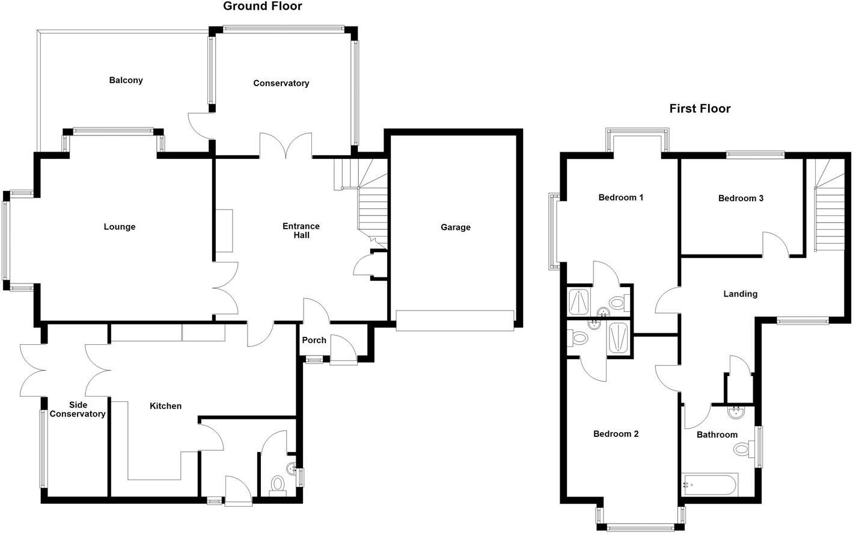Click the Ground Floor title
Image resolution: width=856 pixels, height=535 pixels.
[263, 7]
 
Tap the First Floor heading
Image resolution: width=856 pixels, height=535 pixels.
[700, 109]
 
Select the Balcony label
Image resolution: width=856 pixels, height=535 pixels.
[126, 81]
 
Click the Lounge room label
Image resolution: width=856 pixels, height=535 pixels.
[120, 227]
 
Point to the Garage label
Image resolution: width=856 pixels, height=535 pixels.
[455, 227]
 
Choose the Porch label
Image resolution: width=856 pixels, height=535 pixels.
[314, 341]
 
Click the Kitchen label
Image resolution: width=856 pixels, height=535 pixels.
[165, 406]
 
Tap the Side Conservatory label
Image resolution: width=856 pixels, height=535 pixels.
[78, 410]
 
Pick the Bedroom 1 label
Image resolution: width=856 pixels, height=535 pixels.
[621, 197]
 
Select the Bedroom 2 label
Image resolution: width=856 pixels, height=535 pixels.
[616, 434]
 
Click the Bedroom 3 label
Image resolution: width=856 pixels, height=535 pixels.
[741, 199]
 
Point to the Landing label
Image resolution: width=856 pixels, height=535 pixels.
[740, 294]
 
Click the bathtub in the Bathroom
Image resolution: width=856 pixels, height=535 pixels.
[709, 484]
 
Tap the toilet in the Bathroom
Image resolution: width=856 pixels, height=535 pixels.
[744, 449]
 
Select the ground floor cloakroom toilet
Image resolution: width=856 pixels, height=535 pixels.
[278, 483]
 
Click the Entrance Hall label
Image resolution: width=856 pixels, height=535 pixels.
[301, 231]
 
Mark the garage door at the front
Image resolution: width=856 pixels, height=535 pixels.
[454, 320]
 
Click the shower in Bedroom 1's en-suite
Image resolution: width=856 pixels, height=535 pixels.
[579, 303]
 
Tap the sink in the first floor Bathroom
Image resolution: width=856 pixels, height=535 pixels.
[735, 412]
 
